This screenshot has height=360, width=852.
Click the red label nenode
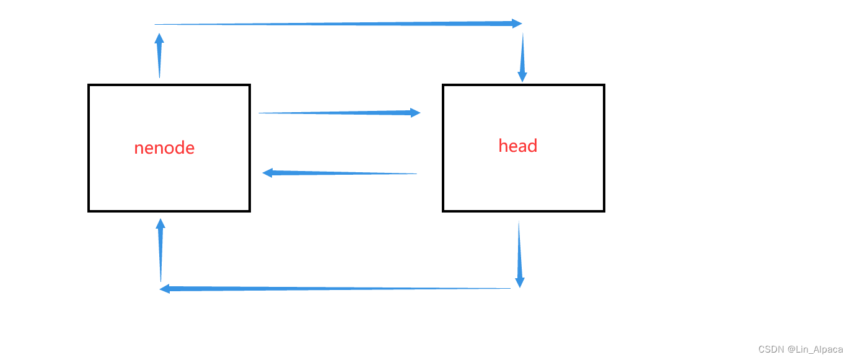[164, 148]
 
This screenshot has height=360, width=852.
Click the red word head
[517, 146]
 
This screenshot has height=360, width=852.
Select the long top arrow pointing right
[338, 24]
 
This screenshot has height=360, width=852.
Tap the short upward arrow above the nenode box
[159, 56]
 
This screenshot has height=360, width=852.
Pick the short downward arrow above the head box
[522, 58]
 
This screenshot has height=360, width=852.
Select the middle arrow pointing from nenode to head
[339, 113]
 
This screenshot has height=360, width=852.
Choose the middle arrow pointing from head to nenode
[340, 173]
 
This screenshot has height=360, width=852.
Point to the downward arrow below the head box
[519, 254]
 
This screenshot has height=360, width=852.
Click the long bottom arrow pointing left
[335, 289]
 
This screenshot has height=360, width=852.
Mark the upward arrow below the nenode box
[160, 250]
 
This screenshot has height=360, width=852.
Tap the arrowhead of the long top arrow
[517, 24]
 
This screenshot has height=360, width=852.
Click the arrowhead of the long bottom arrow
[165, 289]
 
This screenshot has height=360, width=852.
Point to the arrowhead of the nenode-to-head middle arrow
[415, 113]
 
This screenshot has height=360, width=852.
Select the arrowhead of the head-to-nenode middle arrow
[268, 173]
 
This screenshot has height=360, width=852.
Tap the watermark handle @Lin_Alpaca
[815, 349]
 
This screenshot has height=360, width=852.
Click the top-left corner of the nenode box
[89, 86]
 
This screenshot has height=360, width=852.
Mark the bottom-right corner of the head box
[604, 211]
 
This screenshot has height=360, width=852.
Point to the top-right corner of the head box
[604, 86]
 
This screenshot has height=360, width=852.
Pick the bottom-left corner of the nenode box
[89, 211]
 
